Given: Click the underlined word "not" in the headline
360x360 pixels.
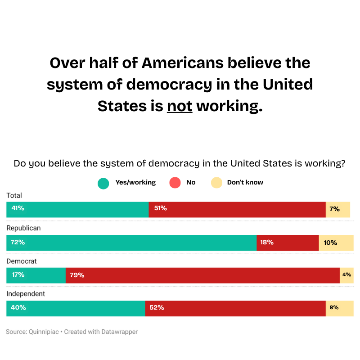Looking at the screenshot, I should [x=180, y=106].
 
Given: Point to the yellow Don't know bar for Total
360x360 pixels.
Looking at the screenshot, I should [x=337, y=210].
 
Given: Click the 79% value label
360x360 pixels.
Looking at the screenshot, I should [x=77, y=275].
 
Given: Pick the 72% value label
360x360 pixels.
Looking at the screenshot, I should [x=18, y=243].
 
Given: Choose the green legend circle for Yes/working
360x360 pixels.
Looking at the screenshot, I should [x=103, y=183].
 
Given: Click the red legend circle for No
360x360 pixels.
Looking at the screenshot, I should [x=175, y=183].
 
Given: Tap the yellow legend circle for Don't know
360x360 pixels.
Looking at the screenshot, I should [x=216, y=183].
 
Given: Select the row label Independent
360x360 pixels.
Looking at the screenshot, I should [x=26, y=294].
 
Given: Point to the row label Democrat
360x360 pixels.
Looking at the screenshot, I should [x=22, y=261].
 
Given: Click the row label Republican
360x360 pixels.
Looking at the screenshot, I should [x=23, y=228].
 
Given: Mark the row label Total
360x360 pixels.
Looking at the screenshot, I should [x=14, y=195].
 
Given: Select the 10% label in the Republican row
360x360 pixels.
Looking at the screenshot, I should [x=330, y=243].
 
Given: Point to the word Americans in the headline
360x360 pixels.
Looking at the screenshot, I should [x=182, y=63].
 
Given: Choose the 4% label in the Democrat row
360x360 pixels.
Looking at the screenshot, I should [x=346, y=274].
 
